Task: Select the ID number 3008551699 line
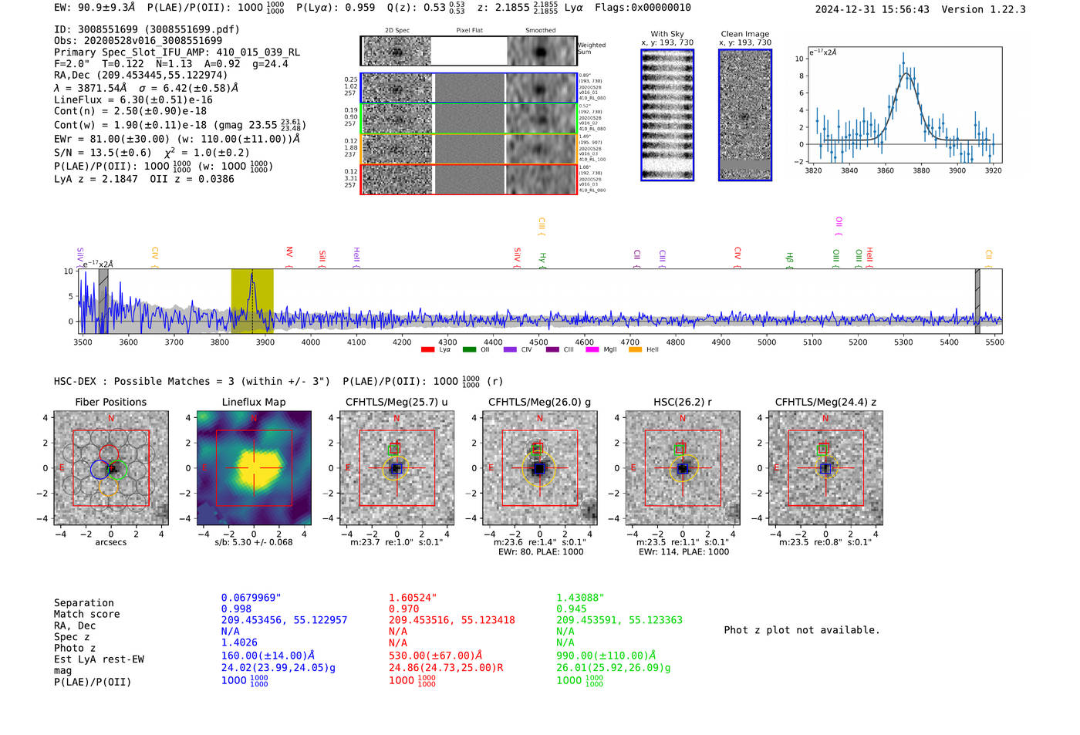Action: click(147, 29)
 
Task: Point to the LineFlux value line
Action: click(133, 99)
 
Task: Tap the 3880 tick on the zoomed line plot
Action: click(921, 170)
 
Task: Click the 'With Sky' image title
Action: click(667, 34)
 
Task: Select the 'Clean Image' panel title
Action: click(744, 34)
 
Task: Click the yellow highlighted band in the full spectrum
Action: click(252, 301)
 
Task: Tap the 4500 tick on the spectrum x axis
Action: click(538, 342)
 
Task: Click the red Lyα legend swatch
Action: click(427, 350)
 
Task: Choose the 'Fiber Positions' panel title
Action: click(111, 402)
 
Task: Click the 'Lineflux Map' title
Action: click(254, 402)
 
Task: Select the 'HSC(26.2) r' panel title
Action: click(683, 402)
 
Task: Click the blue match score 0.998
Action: click(236, 609)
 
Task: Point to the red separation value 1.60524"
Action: click(413, 598)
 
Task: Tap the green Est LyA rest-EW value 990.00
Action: click(606, 656)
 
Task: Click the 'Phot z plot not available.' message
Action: click(802, 630)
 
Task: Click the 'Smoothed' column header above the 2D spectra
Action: click(541, 30)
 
